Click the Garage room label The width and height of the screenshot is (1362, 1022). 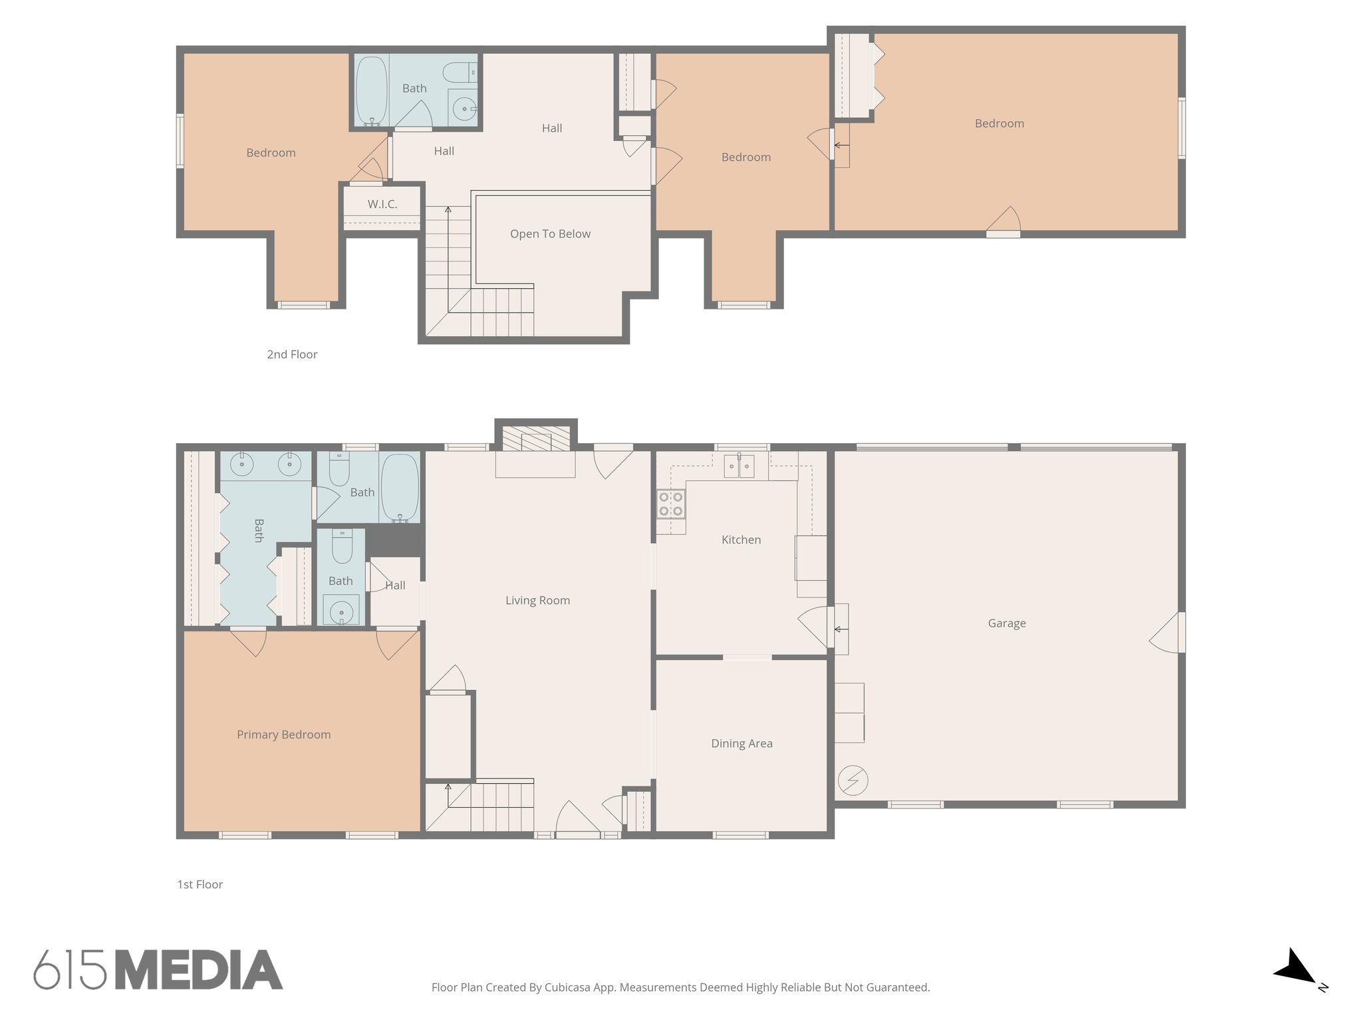click(x=1006, y=623)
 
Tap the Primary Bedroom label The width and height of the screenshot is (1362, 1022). click(x=283, y=735)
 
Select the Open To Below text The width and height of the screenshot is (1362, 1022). click(x=550, y=234)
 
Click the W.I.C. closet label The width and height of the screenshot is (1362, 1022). click(x=382, y=204)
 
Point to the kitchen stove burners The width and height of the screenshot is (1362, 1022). click(x=670, y=504)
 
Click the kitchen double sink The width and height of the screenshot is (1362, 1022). click(x=739, y=466)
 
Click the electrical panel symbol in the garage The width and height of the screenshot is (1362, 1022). click(x=853, y=780)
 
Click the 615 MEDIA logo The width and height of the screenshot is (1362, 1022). click(x=158, y=970)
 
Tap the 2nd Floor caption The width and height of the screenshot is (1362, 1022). click(x=292, y=355)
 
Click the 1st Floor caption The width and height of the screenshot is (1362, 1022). click(x=200, y=885)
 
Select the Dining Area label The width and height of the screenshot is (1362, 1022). click(x=742, y=744)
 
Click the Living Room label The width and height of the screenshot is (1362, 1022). click(x=537, y=601)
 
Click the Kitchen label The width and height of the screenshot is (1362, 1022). click(x=741, y=540)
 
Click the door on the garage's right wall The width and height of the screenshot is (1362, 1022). click(x=1169, y=633)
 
